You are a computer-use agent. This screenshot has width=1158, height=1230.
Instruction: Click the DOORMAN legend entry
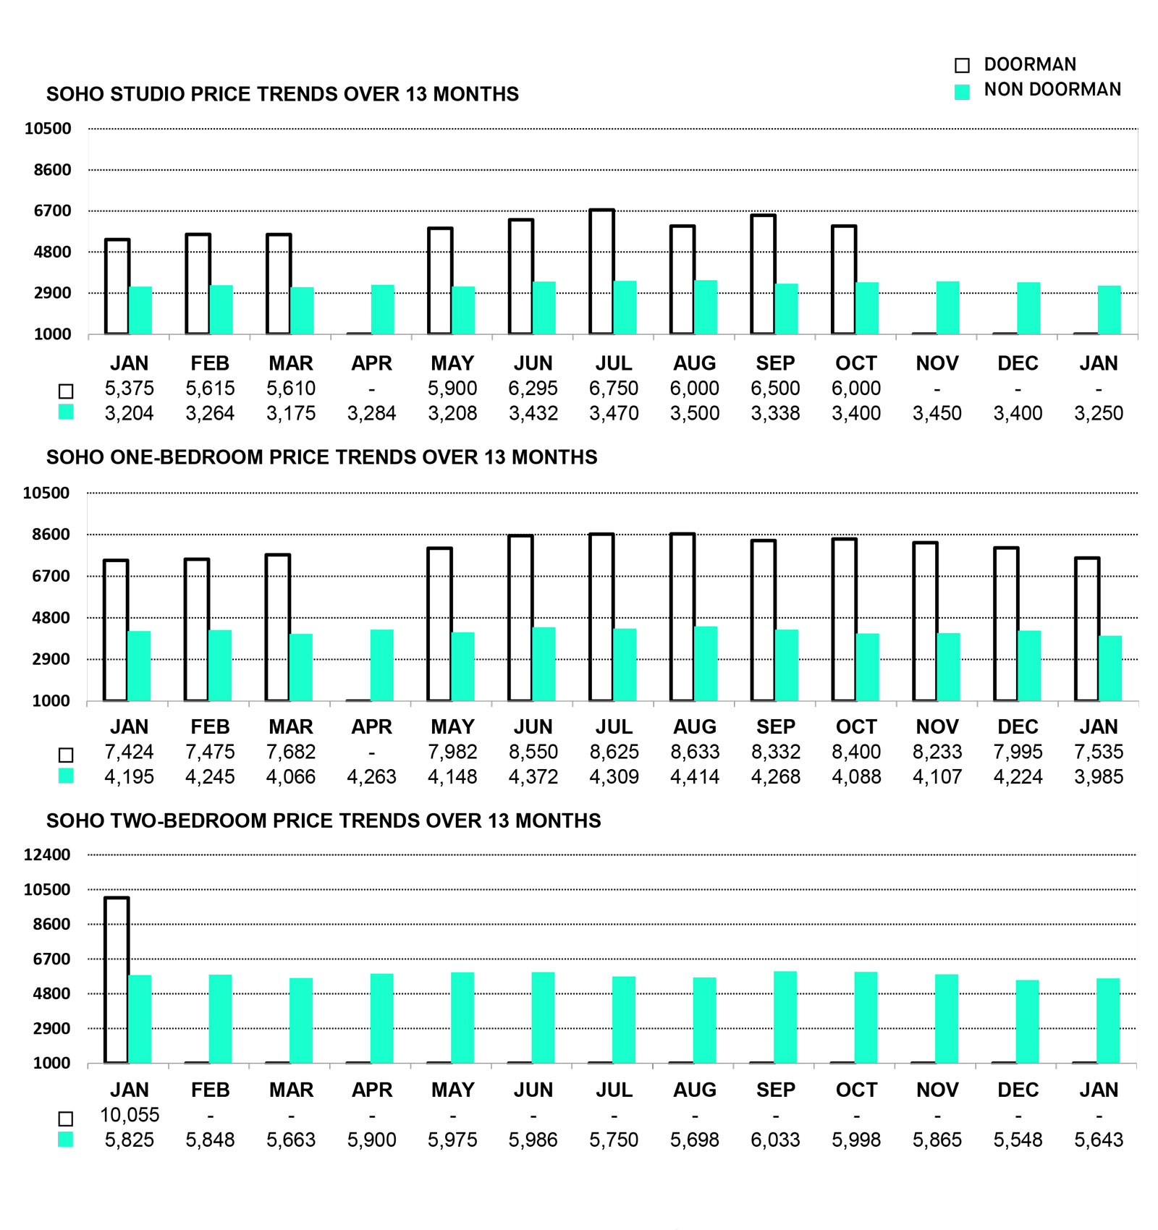click(1029, 64)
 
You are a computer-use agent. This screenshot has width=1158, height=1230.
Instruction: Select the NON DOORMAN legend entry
click(1052, 90)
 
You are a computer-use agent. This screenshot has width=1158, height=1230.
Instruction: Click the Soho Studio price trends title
click(282, 94)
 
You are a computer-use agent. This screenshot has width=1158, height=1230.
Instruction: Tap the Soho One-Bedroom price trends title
click(322, 457)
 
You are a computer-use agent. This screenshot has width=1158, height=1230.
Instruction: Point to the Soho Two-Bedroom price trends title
click(324, 820)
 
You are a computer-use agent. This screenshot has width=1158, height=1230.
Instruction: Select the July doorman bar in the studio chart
click(602, 272)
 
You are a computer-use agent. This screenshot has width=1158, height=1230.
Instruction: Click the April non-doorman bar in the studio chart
click(383, 310)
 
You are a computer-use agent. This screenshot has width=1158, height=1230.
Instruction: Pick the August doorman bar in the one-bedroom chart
click(682, 617)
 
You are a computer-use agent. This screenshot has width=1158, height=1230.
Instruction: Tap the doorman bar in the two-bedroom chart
click(117, 980)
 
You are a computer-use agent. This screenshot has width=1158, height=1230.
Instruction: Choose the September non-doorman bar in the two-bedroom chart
click(785, 1017)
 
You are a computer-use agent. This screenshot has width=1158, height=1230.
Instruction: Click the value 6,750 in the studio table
click(614, 389)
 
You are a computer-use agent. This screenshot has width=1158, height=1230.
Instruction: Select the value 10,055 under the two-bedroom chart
click(130, 1115)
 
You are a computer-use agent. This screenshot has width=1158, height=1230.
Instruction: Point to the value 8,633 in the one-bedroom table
click(695, 752)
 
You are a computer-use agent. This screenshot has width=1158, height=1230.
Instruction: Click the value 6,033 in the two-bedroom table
click(775, 1140)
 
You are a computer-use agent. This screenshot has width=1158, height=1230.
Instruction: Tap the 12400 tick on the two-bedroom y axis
click(47, 854)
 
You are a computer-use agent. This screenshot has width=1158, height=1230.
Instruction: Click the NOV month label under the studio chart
click(937, 363)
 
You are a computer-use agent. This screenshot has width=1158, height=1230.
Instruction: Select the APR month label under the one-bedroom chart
click(371, 726)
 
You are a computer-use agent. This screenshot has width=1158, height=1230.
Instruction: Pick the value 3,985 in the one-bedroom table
click(1099, 777)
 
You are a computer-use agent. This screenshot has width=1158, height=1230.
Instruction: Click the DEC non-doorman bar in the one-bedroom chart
click(1029, 666)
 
